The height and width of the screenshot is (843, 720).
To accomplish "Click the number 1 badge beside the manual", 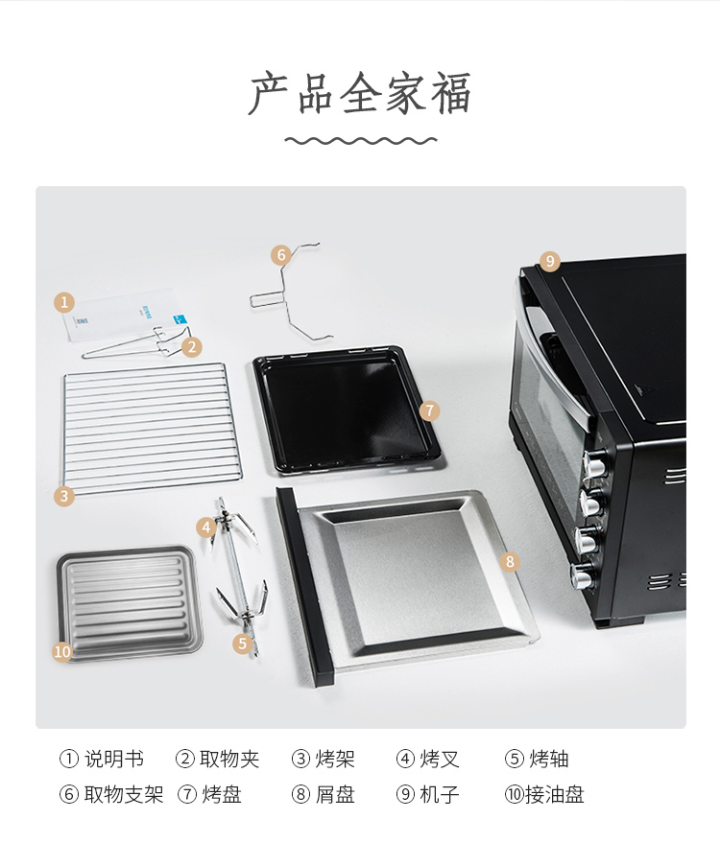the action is click(64, 301).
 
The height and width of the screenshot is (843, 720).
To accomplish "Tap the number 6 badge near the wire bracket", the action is click(281, 254).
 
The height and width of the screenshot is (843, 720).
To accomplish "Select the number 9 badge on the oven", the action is click(549, 261).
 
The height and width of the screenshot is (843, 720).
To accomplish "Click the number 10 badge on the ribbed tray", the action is click(62, 651).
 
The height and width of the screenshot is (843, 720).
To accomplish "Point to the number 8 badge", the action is click(510, 562).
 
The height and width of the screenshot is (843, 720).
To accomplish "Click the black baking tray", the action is click(347, 410).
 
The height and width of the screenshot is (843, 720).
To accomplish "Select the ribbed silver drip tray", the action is click(130, 603).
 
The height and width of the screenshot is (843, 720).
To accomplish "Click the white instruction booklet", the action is click(124, 316).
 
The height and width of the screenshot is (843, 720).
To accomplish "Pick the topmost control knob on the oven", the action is click(594, 463).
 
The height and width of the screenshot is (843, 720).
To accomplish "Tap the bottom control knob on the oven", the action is click(583, 575).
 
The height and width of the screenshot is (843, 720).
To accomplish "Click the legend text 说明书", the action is click(114, 759).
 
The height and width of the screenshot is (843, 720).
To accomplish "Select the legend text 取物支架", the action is click(123, 794).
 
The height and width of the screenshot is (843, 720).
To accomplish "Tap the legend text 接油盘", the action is click(555, 794).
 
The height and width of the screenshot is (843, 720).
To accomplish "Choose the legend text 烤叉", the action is click(440, 759).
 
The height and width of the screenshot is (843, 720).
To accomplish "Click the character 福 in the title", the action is click(451, 93).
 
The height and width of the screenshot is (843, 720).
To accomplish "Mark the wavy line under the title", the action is click(361, 141).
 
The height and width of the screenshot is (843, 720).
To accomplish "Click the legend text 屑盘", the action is click(335, 794).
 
